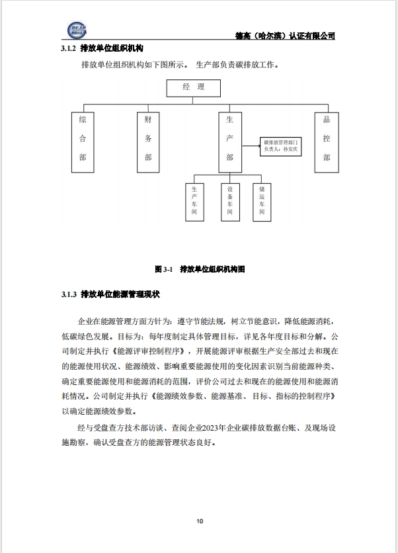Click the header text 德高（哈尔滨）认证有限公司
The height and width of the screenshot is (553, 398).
pyautogui.click(x=286, y=36)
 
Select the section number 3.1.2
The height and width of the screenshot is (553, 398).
pyautogui.click(x=69, y=50)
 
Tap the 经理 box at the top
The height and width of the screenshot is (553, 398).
pyautogui.click(x=194, y=88)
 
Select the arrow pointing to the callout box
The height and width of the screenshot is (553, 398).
pyautogui.click(x=251, y=146)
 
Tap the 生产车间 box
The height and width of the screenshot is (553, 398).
pyautogui.click(x=194, y=202)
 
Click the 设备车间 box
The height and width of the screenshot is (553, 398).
pyautogui.click(x=229, y=202)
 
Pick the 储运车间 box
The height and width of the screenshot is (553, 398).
pyautogui.click(x=262, y=202)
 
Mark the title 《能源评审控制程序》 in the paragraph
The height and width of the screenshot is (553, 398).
pyautogui.click(x=151, y=351)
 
